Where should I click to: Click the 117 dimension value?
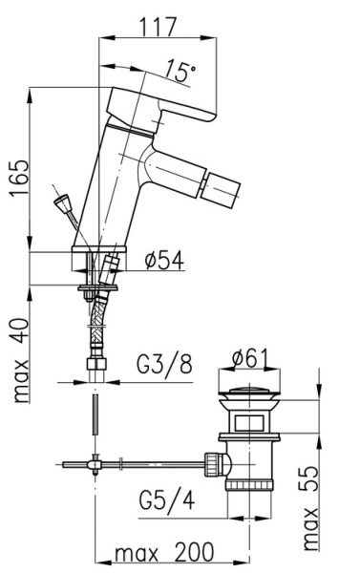(x=158, y=27)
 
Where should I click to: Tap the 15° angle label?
(x=180, y=72)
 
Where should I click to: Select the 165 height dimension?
(x=19, y=178)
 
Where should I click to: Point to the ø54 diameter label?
(x=164, y=260)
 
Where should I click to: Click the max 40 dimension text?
(x=21, y=360)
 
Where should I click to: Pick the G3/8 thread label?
(x=164, y=364)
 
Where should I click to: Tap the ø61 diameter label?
(x=250, y=358)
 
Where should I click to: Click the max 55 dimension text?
(x=311, y=508)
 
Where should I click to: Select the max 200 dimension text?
(x=164, y=552)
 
